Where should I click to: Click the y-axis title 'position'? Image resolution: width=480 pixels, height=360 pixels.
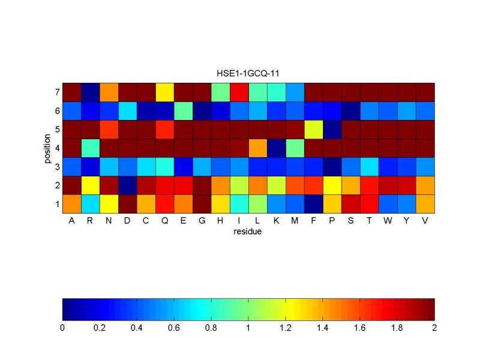[46, 148]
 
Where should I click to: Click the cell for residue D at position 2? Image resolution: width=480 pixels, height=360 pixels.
[127, 185]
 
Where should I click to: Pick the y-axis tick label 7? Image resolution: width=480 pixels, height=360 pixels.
[56, 93]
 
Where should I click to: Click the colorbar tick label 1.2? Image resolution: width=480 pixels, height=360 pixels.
[286, 328]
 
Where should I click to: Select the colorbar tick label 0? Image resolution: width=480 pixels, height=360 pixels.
[62, 328]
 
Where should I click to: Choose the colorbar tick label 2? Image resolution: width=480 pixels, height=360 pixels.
[434, 328]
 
